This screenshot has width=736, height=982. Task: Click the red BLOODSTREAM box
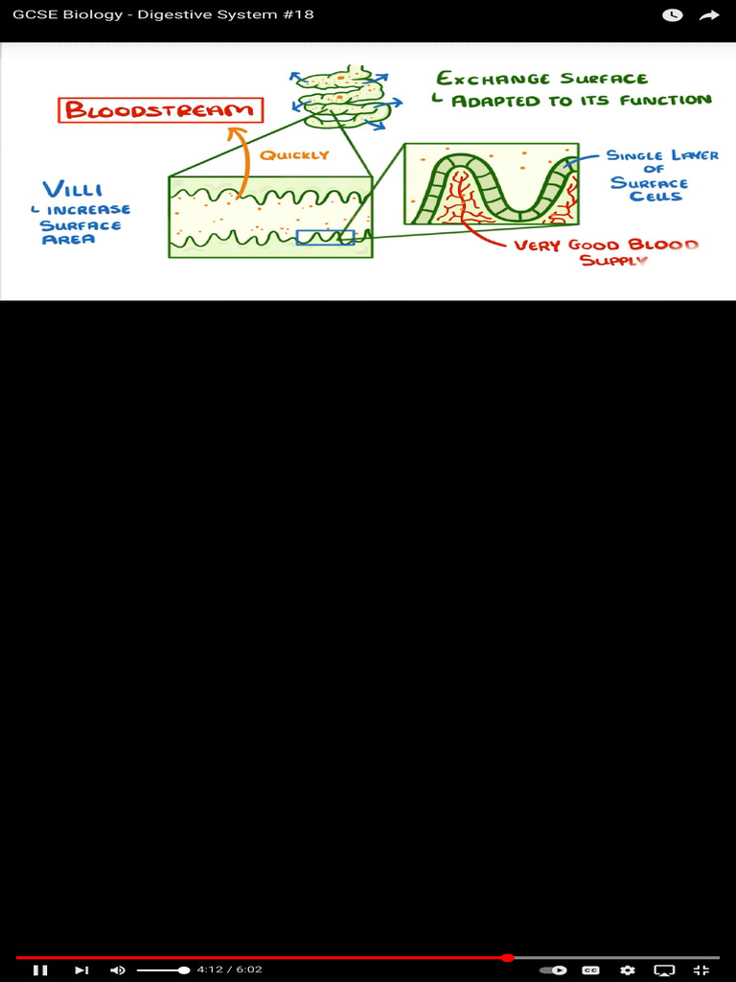coord(161,110)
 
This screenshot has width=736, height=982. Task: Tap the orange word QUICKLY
coord(294,155)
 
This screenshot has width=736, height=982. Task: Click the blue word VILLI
coord(73,189)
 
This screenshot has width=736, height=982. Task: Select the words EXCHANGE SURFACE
coord(541,79)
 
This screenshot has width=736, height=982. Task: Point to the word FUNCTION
coord(665,100)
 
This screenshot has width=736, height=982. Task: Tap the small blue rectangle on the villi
coord(325,237)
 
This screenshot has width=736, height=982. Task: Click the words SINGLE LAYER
coord(661,155)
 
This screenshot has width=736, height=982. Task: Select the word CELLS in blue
coord(655,197)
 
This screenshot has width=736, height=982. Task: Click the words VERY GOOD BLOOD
coord(606,245)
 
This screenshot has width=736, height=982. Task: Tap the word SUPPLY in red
coord(613,261)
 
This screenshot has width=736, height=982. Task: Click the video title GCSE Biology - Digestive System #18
coord(163,15)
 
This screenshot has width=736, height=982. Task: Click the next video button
coord(81,970)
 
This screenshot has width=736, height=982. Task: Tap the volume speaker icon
coord(118,970)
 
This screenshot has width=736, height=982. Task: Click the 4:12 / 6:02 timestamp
coord(229,970)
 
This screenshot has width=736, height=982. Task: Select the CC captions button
coord(591,970)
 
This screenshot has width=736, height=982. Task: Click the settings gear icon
coord(628,970)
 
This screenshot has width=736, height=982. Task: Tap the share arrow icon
coord(709,15)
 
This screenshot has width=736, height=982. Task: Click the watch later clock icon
coord(673,15)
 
